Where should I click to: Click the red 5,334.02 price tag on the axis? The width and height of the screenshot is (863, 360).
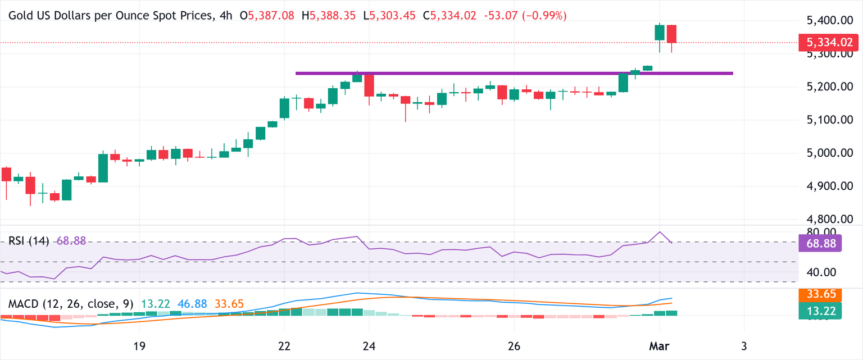829,42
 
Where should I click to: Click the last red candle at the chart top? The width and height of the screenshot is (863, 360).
671,34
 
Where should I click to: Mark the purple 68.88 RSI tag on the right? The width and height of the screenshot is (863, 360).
820,243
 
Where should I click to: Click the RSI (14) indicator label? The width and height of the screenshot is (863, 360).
28,241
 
